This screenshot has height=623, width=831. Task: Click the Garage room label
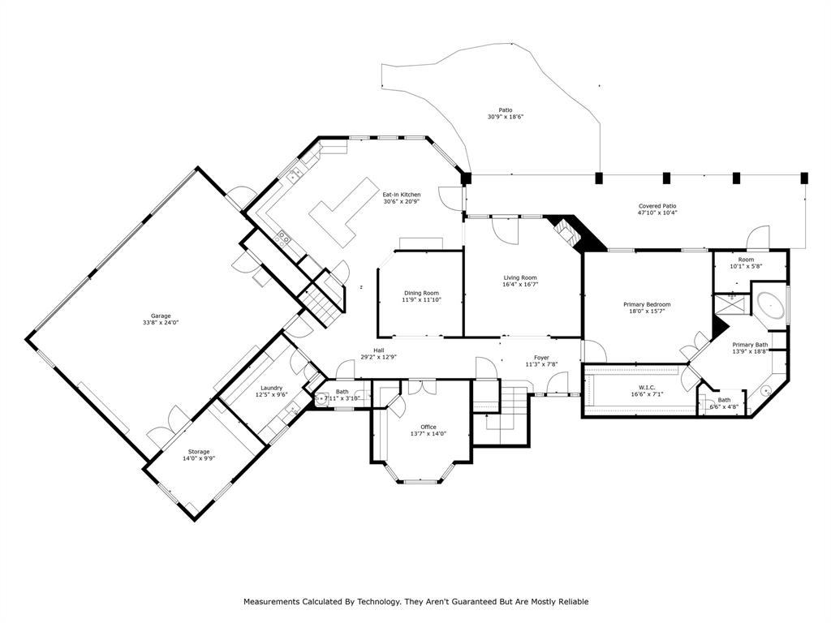(161, 316)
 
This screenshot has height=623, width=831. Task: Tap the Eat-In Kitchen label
(402, 195)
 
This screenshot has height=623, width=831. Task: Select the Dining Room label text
(421, 293)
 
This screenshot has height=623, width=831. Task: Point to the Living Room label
(520, 277)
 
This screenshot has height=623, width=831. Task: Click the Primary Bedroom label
(647, 304)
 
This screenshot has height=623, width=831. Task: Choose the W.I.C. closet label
(647, 388)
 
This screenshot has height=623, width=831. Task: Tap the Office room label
(428, 427)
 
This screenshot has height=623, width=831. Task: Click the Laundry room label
(271, 388)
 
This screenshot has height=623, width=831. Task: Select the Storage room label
(199, 451)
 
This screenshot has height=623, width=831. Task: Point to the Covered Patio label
(657, 207)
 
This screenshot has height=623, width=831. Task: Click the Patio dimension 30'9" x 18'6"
(506, 117)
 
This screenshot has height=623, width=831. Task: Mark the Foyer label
(542, 357)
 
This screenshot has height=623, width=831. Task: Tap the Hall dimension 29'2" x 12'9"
(378, 357)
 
